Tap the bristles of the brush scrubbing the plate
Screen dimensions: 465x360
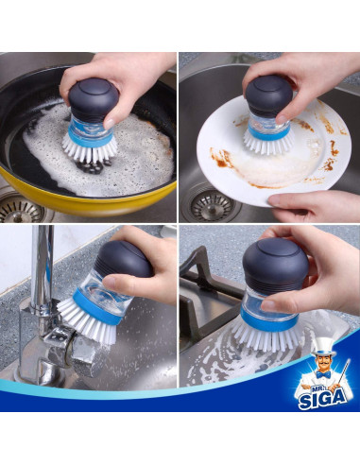[x=267, y=142]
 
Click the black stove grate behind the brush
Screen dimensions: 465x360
[x=204, y=284]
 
